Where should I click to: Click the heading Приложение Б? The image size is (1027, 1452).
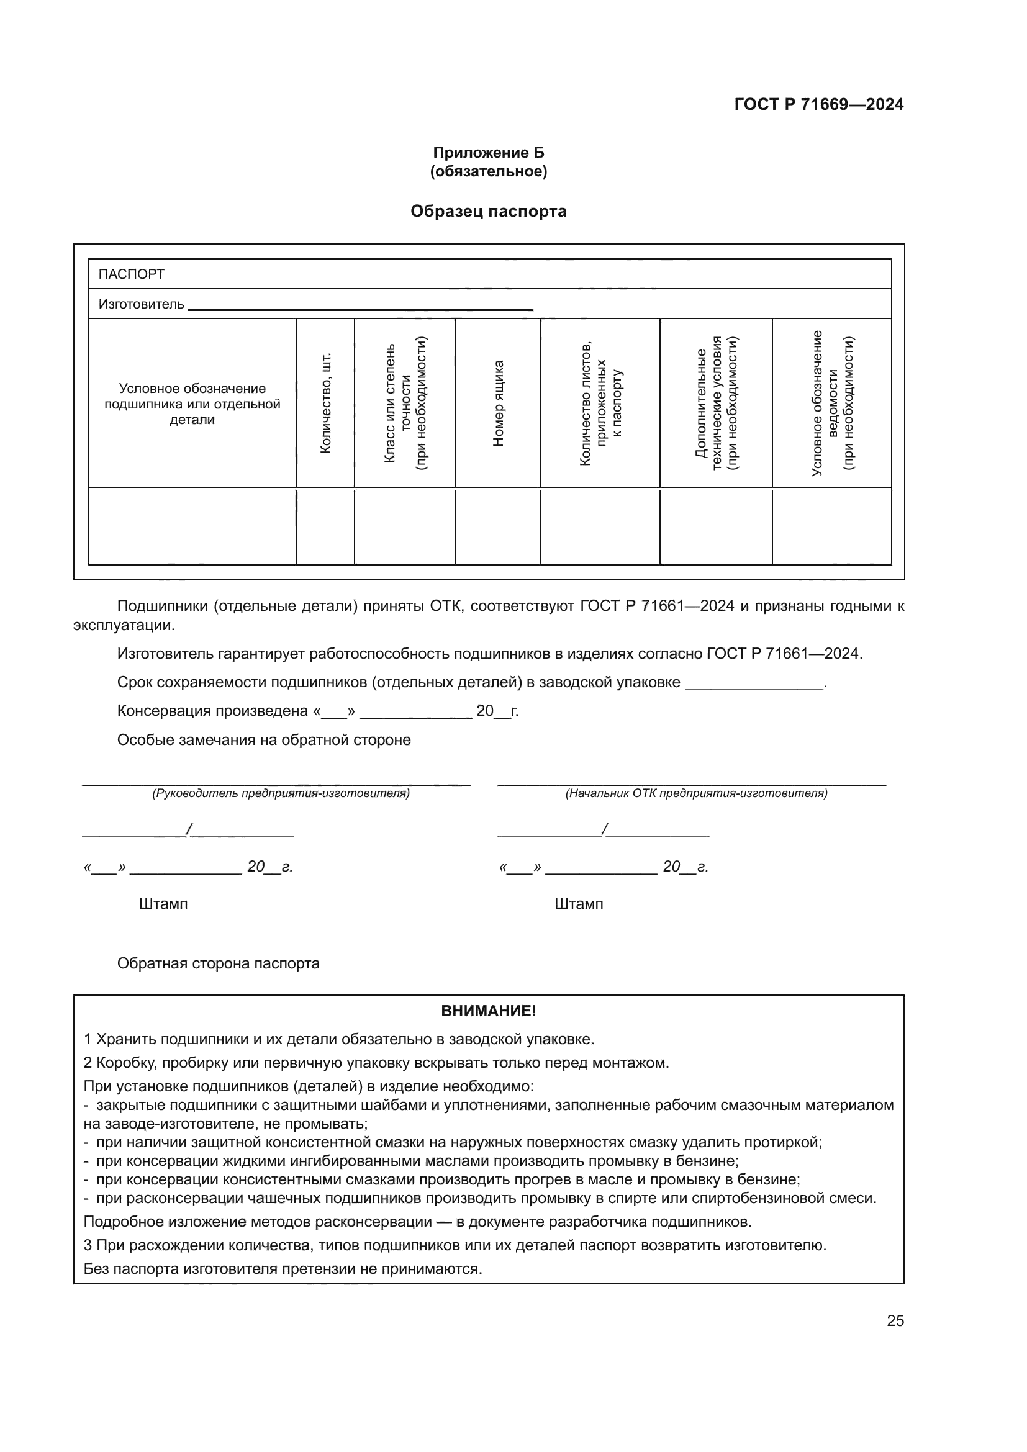[x=488, y=153]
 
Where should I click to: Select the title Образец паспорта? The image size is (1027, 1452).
[x=488, y=211]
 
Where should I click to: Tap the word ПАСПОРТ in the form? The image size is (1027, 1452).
[x=132, y=274]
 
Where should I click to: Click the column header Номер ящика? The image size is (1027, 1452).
[x=499, y=403]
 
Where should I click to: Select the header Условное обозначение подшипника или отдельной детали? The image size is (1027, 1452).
[x=192, y=404]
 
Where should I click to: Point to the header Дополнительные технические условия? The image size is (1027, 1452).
[x=716, y=403]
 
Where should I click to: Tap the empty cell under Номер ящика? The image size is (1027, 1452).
[x=498, y=527]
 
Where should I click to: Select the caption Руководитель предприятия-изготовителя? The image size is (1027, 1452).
[x=281, y=793]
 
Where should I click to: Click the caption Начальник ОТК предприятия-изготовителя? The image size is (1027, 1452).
[x=696, y=793]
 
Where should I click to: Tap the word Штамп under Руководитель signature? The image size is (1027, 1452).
[x=163, y=904]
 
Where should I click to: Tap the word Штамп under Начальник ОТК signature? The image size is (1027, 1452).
[x=579, y=904]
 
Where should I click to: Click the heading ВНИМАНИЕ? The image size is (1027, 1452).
[x=488, y=1011]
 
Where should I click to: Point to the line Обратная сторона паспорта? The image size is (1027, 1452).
[x=218, y=963]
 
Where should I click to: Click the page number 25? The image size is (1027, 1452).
[x=895, y=1320]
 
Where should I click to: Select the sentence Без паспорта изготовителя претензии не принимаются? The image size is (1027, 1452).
[x=283, y=1269]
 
